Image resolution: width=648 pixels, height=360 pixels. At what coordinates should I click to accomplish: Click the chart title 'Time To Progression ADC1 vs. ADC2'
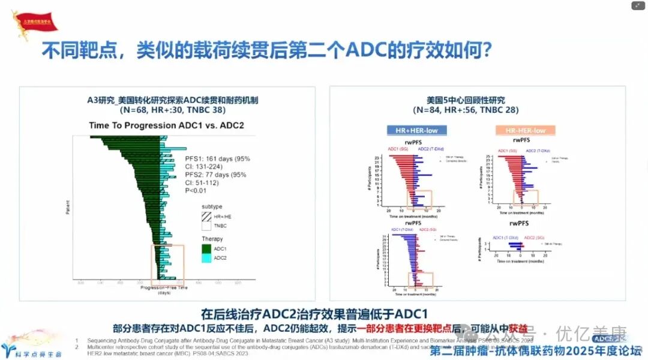166,126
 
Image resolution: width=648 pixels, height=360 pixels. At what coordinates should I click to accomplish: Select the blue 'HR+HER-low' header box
416,130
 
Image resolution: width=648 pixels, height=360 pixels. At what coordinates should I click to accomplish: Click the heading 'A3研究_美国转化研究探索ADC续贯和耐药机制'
167,100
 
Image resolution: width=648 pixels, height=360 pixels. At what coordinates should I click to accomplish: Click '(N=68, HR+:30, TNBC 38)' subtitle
167,110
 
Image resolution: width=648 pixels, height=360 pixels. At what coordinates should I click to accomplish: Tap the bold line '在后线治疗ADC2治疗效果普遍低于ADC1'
314,314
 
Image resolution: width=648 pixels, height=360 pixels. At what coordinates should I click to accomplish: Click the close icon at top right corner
638,6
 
